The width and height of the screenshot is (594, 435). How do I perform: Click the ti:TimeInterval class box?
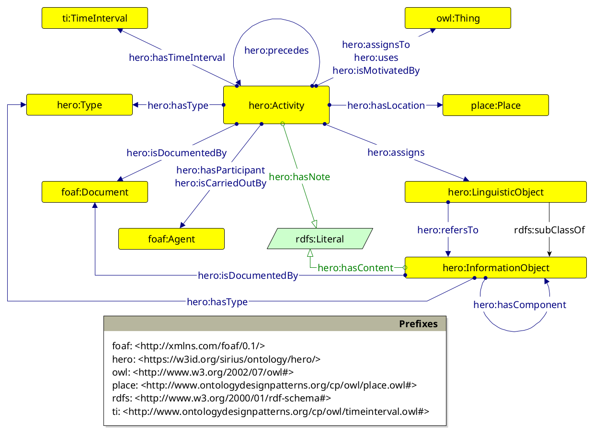pos(95,19)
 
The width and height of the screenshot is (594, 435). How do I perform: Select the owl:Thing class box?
pos(458,19)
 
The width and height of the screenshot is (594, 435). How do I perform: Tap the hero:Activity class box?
pos(276,105)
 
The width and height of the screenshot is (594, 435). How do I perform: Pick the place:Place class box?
pos(495,105)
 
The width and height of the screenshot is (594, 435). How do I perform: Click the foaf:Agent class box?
pos(171,239)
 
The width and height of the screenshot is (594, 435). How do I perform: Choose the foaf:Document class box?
pos(95,192)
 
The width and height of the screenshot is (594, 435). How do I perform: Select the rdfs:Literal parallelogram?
pos(320,239)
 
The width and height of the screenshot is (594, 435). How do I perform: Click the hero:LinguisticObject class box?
pos(495,192)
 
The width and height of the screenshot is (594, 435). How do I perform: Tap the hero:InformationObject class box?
pos(495,267)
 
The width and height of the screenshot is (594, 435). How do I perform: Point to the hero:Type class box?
pos(80,105)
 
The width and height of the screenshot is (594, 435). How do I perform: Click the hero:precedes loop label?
pos(276,50)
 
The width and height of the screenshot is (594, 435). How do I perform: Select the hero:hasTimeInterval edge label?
pos(177,57)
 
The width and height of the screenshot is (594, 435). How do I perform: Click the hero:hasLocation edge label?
pos(386,105)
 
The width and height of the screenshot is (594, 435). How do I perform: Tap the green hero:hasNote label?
pos(299,177)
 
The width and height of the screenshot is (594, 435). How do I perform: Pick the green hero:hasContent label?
pos(355,268)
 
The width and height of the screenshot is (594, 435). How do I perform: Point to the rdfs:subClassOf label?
pos(549,230)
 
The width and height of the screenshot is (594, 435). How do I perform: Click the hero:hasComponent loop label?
pos(520,305)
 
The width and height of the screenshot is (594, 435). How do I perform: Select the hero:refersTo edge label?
pos(448,230)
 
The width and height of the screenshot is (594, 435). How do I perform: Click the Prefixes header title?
pos(418,324)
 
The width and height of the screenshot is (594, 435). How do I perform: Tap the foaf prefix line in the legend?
pos(188,345)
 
